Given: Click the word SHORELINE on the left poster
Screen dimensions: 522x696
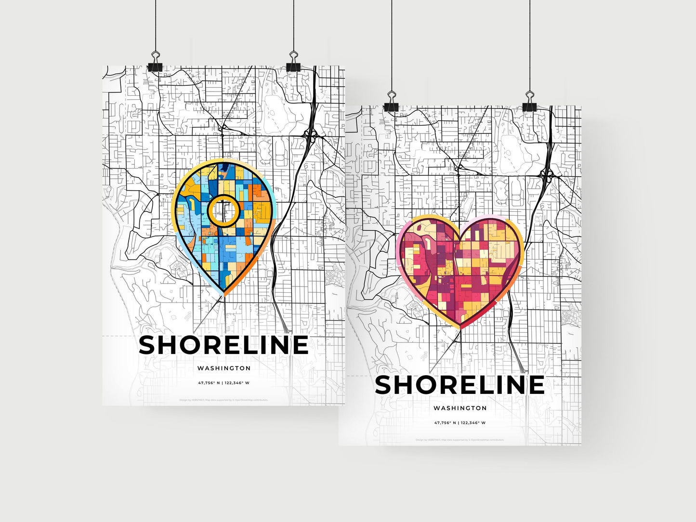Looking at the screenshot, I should tap(223, 345).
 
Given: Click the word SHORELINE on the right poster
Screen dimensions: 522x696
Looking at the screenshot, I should tap(460, 385).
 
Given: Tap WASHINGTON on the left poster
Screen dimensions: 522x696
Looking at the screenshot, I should tap(223, 368).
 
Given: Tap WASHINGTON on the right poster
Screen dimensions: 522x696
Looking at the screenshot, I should tap(460, 408).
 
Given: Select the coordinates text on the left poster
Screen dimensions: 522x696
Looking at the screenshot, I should tap(223, 383).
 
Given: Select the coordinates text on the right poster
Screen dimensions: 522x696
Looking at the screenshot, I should tap(460, 423).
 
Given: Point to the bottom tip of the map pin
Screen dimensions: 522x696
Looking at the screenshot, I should tap(224, 294).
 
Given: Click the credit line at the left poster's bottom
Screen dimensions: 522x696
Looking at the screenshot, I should tap(223, 400).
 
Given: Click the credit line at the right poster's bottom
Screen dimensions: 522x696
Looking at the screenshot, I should tap(460, 440).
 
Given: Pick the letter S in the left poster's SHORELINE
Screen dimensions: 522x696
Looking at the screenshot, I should tap(149, 345).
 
